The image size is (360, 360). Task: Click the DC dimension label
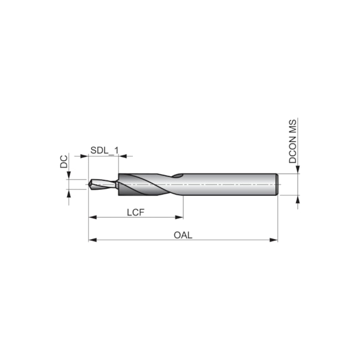64,162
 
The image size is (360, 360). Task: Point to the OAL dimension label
183,235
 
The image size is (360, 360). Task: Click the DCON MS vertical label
292,141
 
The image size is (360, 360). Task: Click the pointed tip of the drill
89,184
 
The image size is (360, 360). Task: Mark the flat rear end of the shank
277,184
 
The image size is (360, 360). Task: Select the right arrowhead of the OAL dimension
274,240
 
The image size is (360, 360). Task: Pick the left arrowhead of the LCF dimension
92,217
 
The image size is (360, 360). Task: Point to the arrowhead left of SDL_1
85,156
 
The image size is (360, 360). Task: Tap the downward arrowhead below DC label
69,177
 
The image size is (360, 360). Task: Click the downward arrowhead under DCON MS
297,170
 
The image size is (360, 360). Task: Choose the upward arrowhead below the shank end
297,199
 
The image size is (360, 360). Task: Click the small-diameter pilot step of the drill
104,184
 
